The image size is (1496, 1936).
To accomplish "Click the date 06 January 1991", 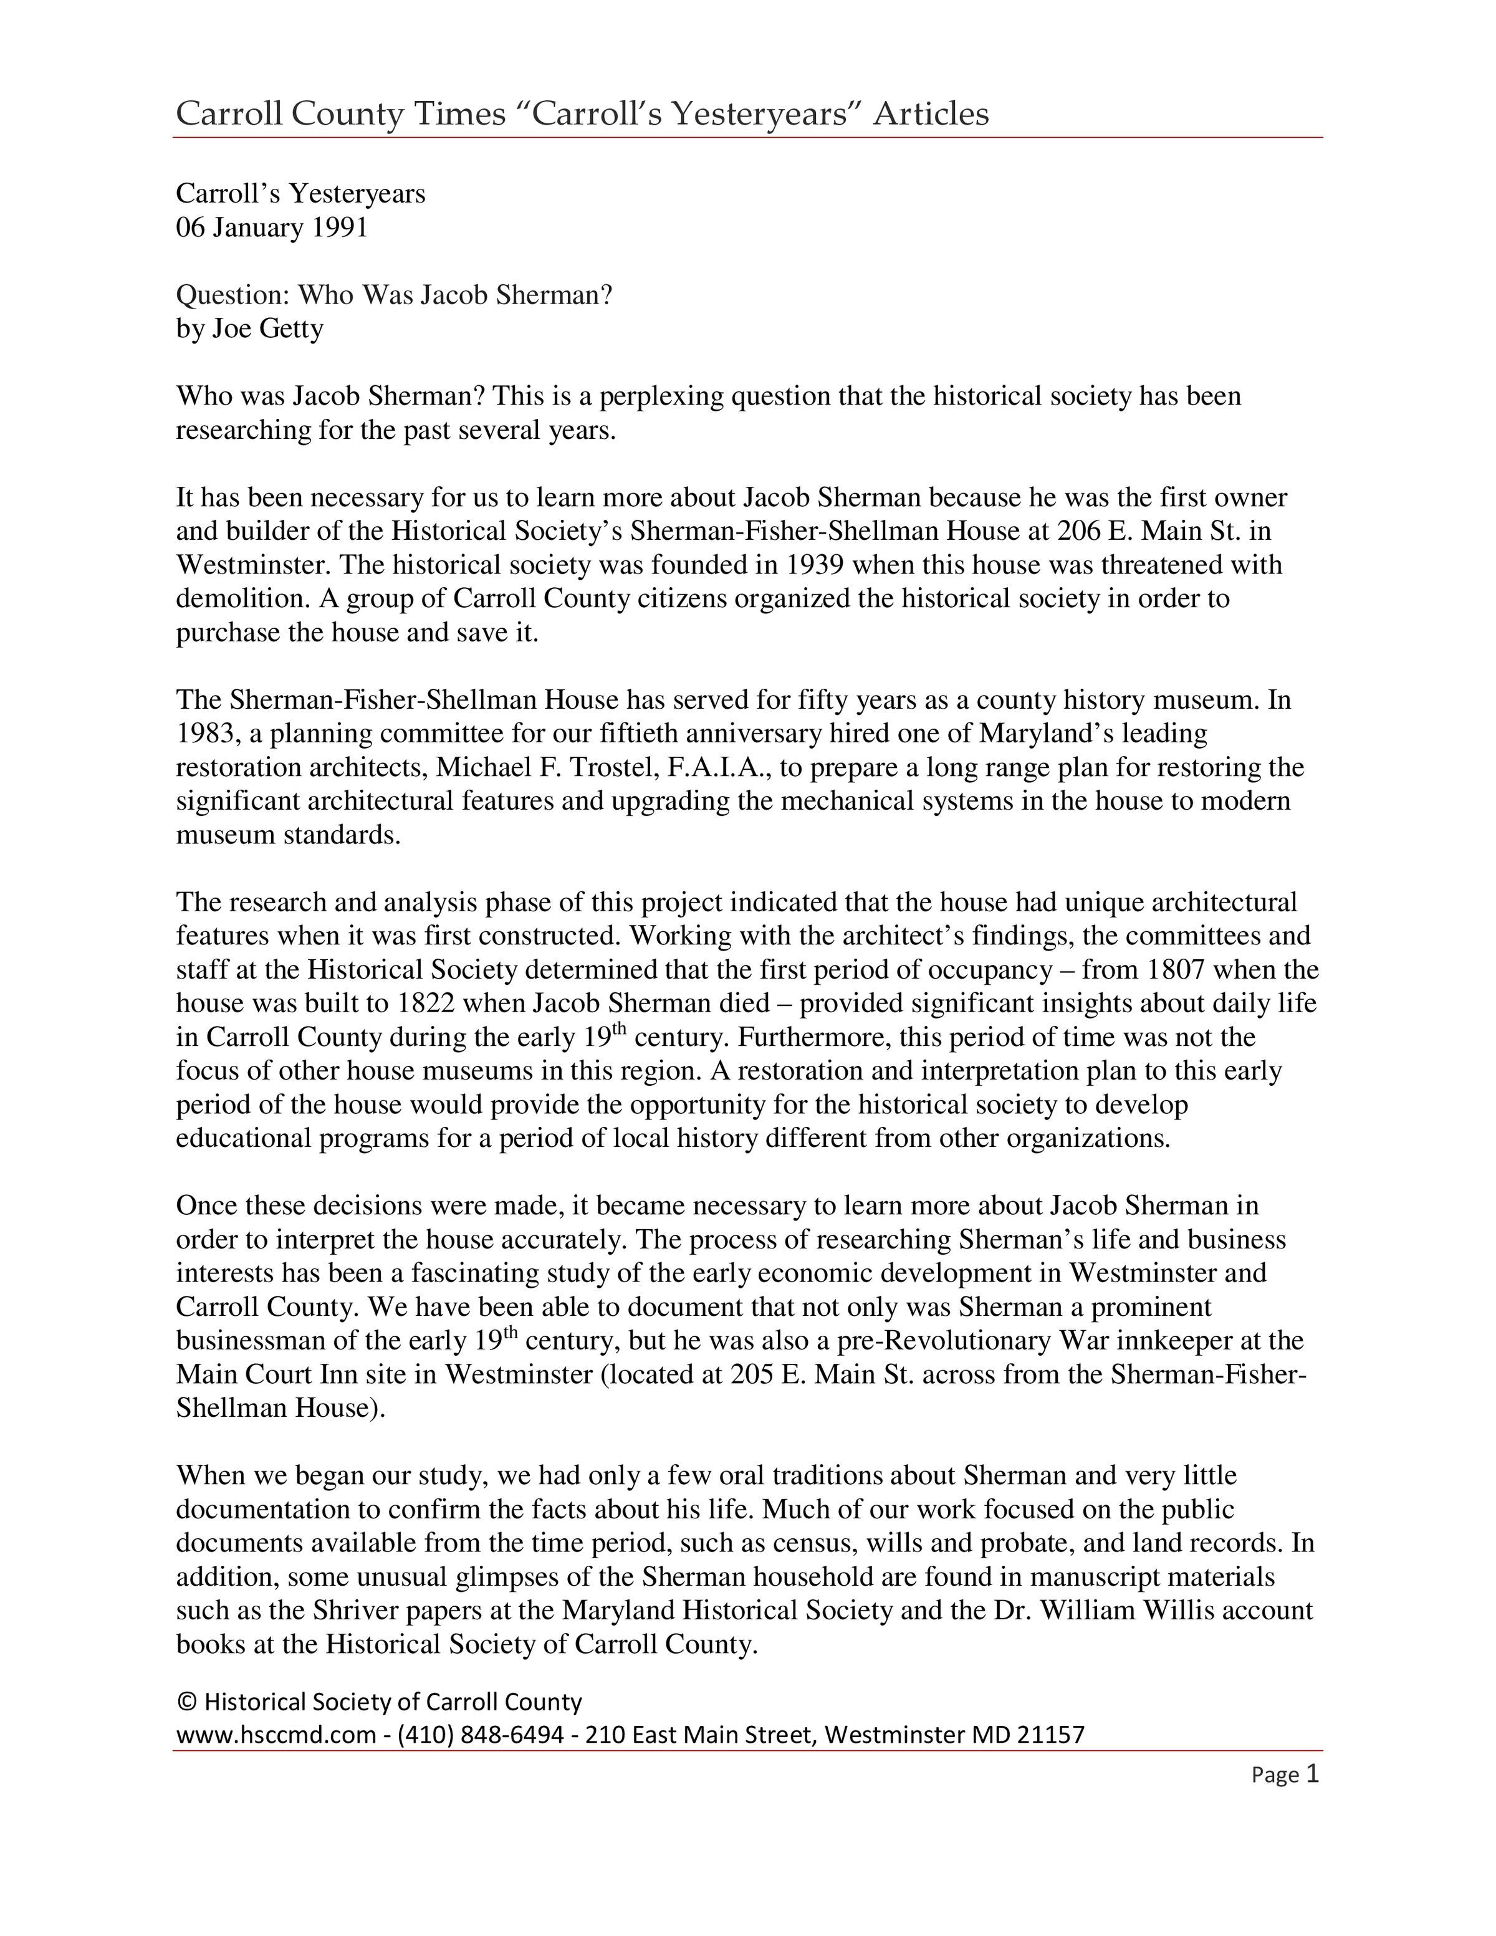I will click(271, 228).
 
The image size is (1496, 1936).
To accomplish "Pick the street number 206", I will click(1080, 531).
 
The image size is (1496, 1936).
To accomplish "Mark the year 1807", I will click(1175, 970).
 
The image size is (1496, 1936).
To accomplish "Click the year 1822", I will click(427, 1004).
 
